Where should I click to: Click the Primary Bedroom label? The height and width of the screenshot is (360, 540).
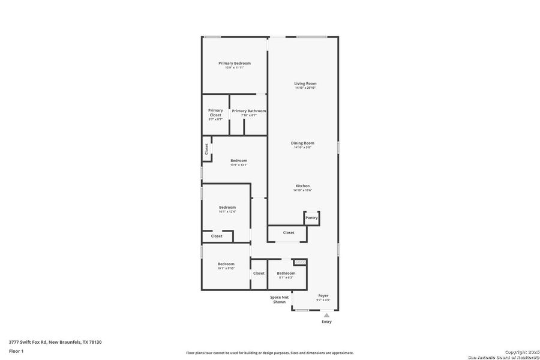235,64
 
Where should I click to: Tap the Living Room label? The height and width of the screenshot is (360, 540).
305,83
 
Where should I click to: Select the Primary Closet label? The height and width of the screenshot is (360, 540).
215,112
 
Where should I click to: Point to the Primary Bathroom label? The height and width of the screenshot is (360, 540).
248,111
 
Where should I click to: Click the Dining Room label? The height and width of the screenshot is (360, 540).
302,143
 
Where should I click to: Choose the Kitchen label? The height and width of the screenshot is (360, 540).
302,186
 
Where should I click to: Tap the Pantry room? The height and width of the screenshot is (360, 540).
311,218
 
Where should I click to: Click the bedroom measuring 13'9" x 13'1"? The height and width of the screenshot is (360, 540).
239,161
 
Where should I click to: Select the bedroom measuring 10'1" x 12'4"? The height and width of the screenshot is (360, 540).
227,208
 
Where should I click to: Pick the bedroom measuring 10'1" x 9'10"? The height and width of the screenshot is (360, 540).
226,265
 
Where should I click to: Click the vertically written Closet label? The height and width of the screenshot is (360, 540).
206,149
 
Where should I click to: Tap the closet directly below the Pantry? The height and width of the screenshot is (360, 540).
289,233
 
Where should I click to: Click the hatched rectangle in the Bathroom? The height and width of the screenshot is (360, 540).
299,262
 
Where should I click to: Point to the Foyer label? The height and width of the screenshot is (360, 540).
323,296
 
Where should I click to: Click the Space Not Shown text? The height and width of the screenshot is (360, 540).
279,299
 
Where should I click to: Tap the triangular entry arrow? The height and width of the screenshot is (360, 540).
326,314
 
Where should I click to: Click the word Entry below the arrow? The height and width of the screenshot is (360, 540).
326,322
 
